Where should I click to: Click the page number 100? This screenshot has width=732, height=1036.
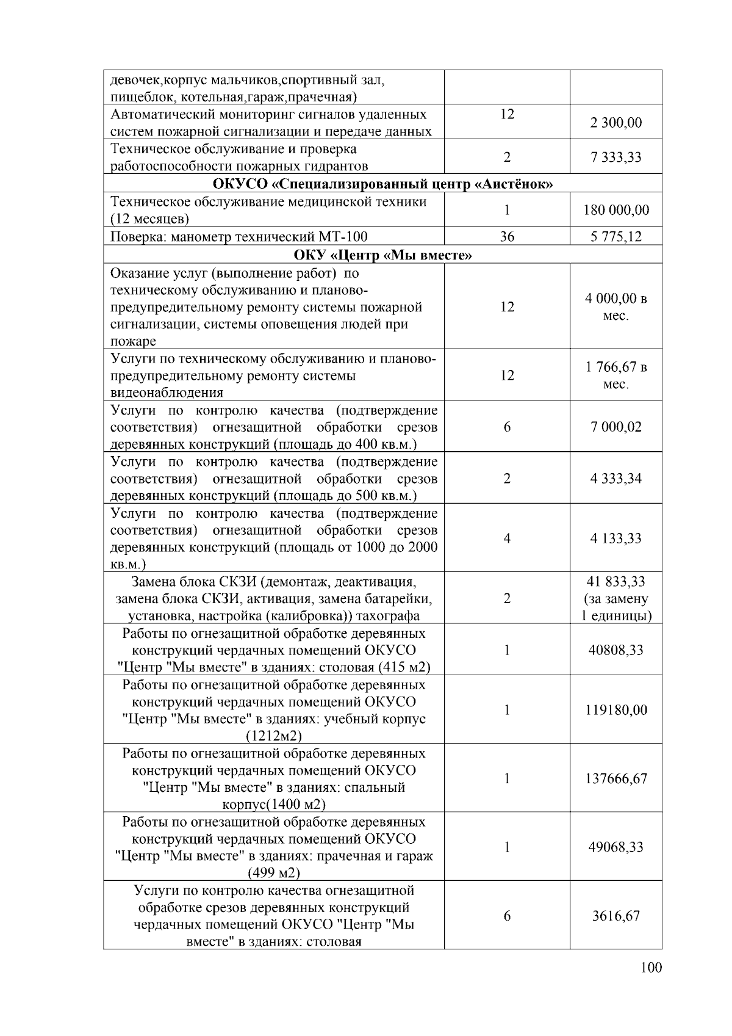tap(651, 968)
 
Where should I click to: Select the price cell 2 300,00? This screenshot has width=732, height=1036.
tap(615, 123)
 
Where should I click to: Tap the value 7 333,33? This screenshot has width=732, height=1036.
tap(615, 158)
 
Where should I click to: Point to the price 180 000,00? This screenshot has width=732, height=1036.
tap(615, 210)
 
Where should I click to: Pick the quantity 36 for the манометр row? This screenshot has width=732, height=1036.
tap(507, 237)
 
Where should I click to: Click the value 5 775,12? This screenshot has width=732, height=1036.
tap(615, 237)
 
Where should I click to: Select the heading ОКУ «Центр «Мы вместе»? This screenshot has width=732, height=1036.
tap(382, 255)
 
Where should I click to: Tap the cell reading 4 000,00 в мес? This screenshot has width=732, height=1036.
tap(615, 307)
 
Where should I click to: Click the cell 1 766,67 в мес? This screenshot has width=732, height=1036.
tap(615, 375)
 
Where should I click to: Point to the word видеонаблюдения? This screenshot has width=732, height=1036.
tap(167, 393)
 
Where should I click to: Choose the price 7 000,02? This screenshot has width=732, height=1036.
tap(615, 427)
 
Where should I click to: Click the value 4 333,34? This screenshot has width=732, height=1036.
tap(615, 479)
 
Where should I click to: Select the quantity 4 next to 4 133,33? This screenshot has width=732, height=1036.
tap(507, 538)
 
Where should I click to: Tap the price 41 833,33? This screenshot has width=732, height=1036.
tap(615, 582)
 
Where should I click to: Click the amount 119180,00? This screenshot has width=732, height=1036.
tap(615, 710)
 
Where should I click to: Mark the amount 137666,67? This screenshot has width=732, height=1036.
tap(615, 779)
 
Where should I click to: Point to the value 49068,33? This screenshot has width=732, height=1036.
tap(615, 847)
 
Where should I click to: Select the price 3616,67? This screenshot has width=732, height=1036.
tap(615, 916)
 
